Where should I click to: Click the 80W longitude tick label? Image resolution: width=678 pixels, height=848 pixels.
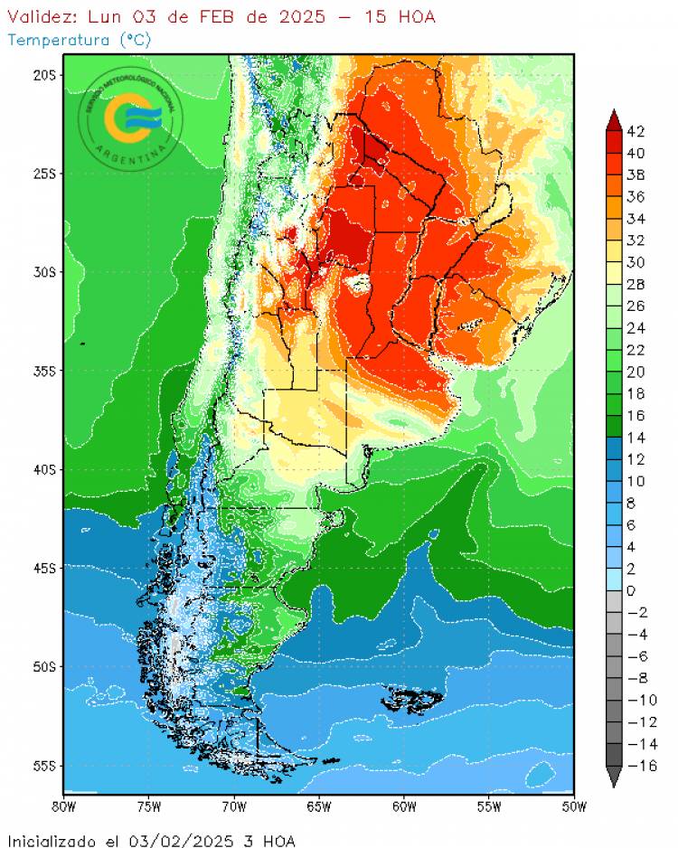(63, 806)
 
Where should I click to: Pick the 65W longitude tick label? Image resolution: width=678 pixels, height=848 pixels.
(318, 806)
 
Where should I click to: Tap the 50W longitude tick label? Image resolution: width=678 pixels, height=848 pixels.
(574, 806)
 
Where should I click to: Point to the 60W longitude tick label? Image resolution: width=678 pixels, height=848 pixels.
(404, 806)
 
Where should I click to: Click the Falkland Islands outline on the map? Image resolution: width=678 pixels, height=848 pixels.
(414, 700)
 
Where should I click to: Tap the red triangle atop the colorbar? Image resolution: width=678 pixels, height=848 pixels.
(614, 118)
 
